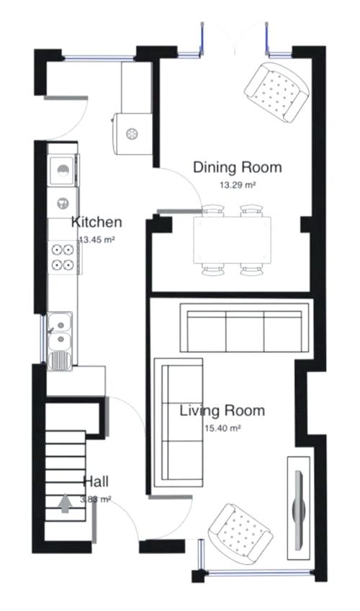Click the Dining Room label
tap(237, 168)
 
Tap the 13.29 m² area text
tap(238, 184)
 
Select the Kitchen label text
tap(96, 222)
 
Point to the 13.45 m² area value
tap(97, 239)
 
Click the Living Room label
tap(222, 411)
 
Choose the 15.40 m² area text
tap(222, 428)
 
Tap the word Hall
tap(96, 481)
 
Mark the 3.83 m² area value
tap(95, 499)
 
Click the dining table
tap(234, 240)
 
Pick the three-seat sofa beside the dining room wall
tap(243, 328)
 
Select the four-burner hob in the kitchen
tap(63, 257)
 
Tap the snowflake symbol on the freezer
tap(132, 133)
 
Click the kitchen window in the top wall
tap(99, 56)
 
